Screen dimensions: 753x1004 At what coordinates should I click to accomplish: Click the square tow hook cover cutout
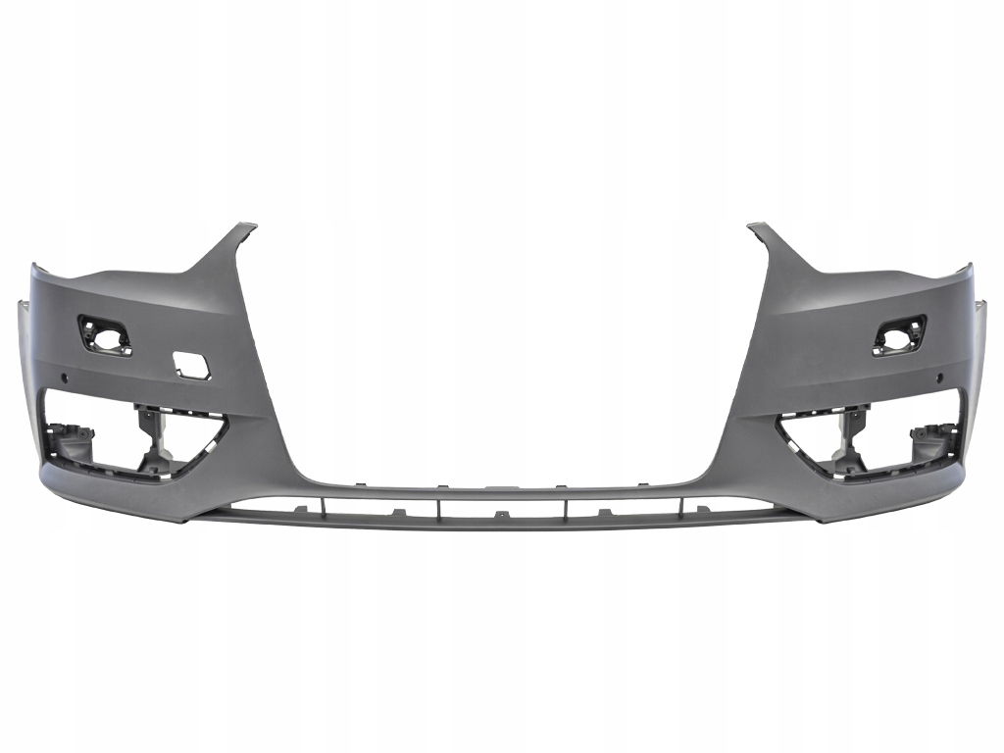tap(188, 365)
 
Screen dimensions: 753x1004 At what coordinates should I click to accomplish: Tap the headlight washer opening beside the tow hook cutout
tap(105, 334)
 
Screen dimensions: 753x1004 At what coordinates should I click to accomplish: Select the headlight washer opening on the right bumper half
tap(899, 334)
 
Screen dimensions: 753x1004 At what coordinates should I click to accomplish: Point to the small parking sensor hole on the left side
tap(66, 377)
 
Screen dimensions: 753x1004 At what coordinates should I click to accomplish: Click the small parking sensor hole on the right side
tap(937, 377)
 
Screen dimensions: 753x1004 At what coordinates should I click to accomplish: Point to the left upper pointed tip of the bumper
tap(245, 227)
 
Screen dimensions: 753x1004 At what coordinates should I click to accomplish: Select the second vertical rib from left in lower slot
tap(438, 506)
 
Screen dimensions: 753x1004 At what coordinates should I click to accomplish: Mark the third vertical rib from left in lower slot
tap(567, 506)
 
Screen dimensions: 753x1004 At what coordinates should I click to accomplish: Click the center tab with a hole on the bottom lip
tap(501, 516)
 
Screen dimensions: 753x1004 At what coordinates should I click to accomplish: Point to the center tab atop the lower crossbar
tap(501, 487)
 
